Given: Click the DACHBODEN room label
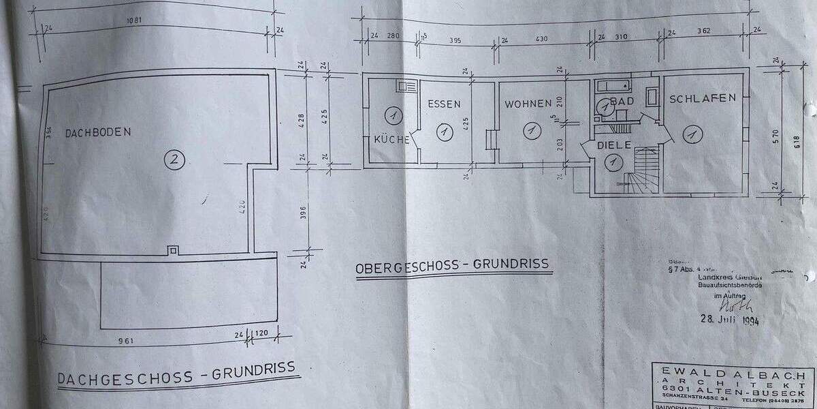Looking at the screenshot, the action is click(97, 134).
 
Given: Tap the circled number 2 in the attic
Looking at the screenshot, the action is click(175, 160).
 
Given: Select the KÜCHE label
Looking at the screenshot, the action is click(391, 140).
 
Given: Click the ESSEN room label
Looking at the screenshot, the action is click(444, 104).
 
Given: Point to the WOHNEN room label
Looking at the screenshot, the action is click(528, 104).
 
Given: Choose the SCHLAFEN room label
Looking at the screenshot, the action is click(703, 98).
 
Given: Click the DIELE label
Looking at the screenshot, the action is click(615, 145).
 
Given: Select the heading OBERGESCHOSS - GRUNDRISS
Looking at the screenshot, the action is click(452, 266).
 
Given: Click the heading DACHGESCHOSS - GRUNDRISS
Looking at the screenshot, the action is click(177, 374).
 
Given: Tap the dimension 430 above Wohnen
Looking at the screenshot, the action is click(541, 40).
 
